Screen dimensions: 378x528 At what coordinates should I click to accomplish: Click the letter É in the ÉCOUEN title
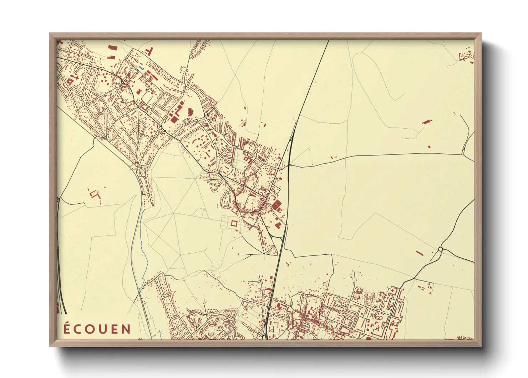click(66, 328)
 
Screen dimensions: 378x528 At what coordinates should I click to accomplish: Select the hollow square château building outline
click(234, 223)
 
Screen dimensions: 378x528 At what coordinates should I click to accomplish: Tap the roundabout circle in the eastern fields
click(441, 249)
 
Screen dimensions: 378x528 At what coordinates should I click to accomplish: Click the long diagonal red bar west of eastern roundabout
click(420, 253)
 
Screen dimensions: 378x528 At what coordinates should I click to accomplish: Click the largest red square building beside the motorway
click(276, 205)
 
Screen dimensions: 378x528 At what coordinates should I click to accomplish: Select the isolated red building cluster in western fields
click(95, 195)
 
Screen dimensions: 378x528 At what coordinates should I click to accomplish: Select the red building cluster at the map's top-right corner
click(466, 56)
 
